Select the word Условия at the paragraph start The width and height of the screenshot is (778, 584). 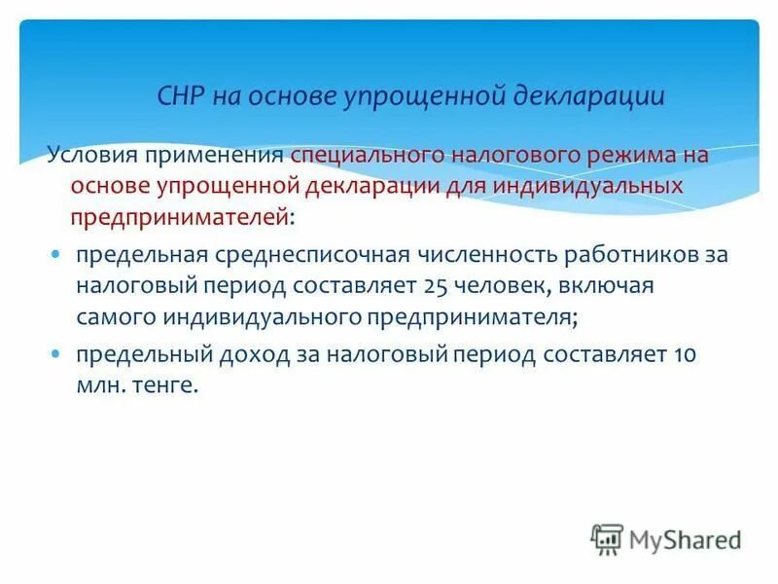93,156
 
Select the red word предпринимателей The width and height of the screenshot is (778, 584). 180,217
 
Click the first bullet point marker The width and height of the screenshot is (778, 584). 56,254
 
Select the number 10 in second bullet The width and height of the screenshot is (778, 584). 684,354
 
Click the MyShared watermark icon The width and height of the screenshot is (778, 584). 608,538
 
